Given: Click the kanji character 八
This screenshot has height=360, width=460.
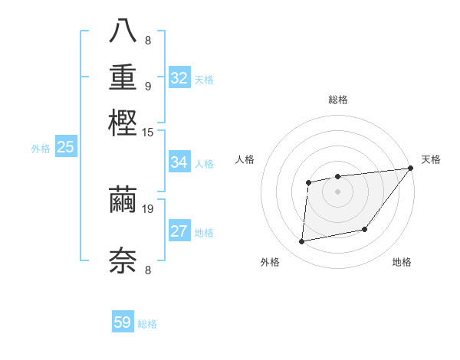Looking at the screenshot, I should (123, 32).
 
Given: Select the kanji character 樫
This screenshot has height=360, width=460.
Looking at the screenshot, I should (123, 122).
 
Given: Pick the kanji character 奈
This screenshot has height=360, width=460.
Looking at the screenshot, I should (123, 260).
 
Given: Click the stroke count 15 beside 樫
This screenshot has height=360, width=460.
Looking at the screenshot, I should (147, 133).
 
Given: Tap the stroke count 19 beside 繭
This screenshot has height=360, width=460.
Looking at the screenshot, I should (148, 208).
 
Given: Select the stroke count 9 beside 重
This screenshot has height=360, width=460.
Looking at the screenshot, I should (148, 86).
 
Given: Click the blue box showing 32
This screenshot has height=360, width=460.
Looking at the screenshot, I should (179, 77).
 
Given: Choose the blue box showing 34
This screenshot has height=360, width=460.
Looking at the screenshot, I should (179, 162).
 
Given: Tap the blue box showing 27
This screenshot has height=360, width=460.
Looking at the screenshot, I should (179, 231).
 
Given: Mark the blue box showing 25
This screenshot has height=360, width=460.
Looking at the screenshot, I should (65, 147).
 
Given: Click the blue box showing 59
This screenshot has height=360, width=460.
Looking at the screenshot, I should (123, 322).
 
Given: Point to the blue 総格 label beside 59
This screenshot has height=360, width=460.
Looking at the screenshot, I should (148, 324).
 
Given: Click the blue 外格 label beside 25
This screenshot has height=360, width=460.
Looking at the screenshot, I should (41, 149).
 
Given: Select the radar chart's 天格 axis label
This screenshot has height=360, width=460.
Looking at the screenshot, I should (431, 159).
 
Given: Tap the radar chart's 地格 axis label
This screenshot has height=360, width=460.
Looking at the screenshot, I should (402, 263).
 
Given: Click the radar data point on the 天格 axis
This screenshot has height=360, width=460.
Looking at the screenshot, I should (410, 168).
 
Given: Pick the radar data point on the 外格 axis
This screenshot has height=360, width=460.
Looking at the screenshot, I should (302, 242).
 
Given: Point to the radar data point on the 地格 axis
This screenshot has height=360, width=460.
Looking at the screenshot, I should (366, 229).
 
